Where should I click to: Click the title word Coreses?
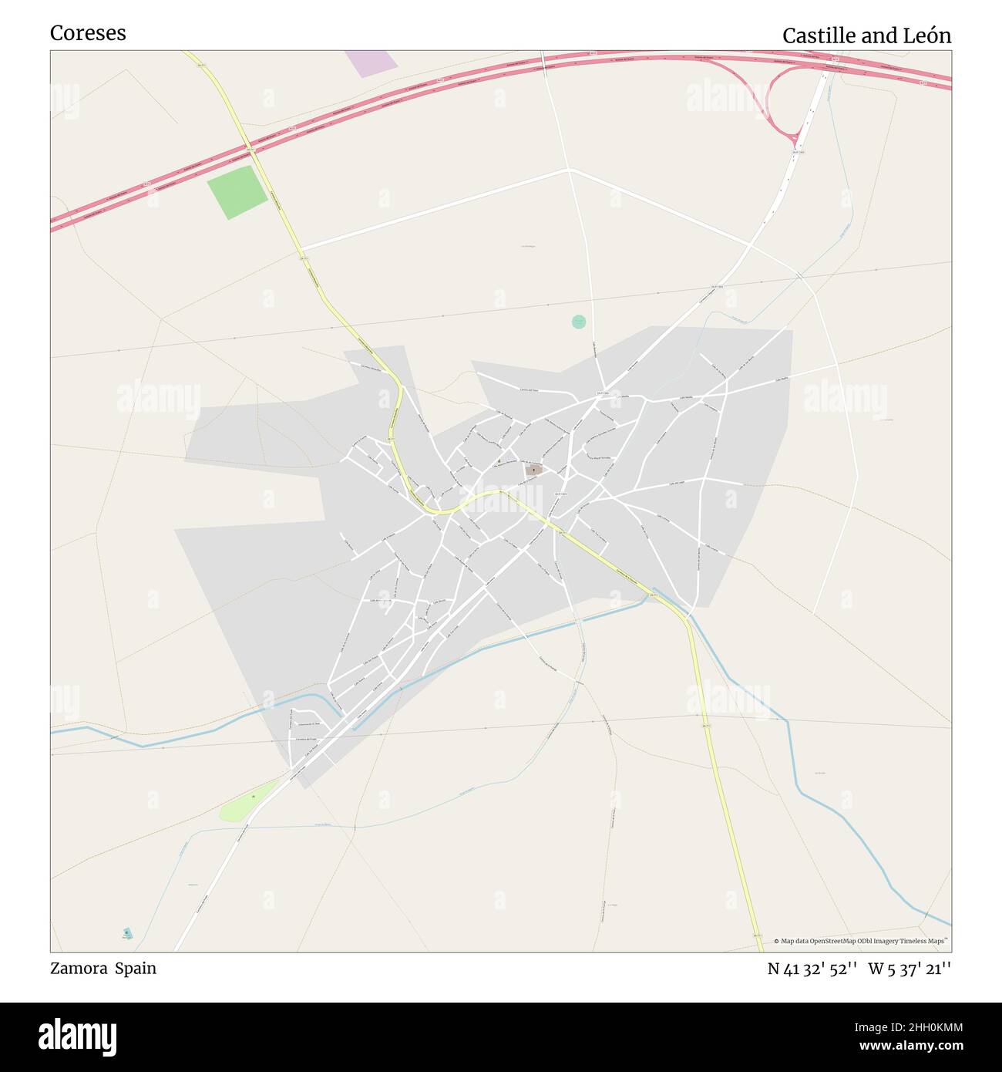pos(88,33)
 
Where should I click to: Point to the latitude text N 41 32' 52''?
pos(812,969)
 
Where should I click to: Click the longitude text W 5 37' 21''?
pos(910,969)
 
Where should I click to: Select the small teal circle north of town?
pos(579,322)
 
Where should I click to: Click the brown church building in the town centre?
pos(533,469)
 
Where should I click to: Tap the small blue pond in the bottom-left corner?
pos(127,933)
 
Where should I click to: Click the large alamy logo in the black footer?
pos(78,1036)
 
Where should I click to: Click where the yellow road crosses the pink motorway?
pos(250,147)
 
